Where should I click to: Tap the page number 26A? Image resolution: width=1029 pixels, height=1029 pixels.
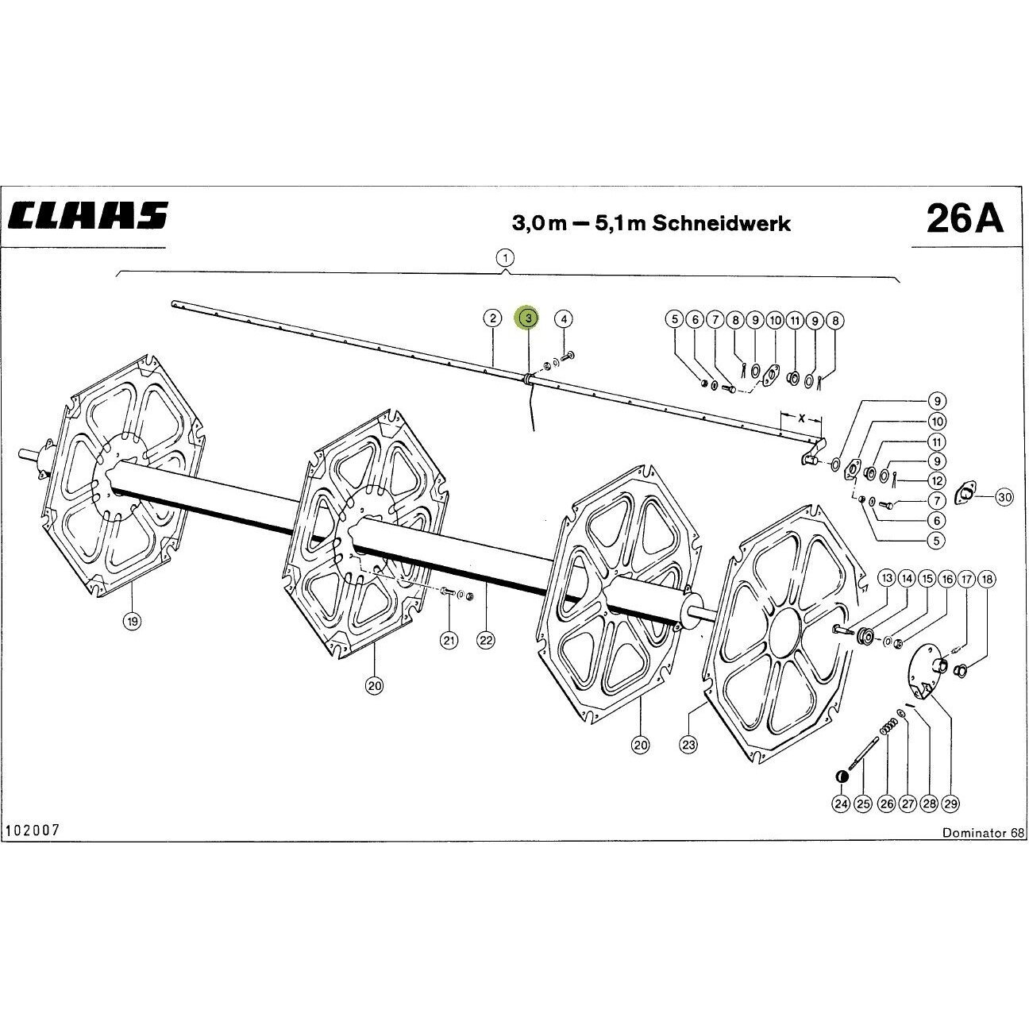965,218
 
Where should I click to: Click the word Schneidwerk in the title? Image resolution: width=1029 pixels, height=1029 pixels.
722,222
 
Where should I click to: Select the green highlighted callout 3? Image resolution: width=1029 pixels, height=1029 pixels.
527,318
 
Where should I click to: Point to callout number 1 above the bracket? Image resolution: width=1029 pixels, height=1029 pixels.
505,258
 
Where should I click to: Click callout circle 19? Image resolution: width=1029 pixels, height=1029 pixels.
133,621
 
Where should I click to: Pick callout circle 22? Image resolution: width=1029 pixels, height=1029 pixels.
486,639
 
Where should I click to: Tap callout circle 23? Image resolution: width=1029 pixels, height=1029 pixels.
688,745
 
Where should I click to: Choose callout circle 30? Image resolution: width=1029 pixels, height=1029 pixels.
1004,497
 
